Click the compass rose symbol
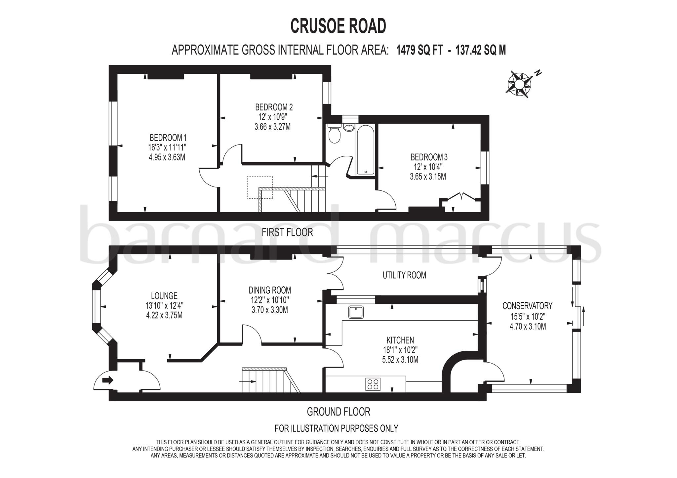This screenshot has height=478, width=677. tap(519, 84)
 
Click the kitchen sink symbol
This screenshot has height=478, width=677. tap(356, 312)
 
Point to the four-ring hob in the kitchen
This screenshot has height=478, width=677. tap(373, 384)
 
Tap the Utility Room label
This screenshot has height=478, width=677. tap(404, 275)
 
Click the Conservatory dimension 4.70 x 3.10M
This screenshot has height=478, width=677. tap(528, 327)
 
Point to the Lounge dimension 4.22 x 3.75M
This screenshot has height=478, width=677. tap(164, 315)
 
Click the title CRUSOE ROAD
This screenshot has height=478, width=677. tap(338, 26)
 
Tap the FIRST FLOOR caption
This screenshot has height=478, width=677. tap(287, 232)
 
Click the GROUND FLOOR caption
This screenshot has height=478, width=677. tap(338, 412)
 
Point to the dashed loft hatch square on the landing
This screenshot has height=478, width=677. tap(260, 187)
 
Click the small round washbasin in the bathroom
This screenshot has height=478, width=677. tap(348, 127)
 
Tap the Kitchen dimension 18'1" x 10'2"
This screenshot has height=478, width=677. tap(400, 350)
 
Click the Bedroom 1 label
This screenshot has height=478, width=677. tap(168, 138)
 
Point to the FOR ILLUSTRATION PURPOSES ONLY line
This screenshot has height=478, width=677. tap(336, 428)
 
